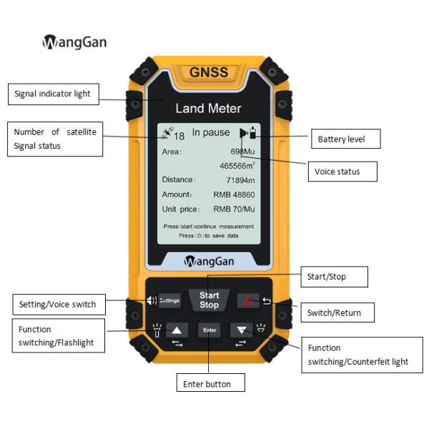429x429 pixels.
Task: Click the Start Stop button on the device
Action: (209, 300)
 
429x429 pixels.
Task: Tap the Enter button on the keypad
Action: (209, 330)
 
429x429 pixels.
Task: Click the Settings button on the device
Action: (169, 300)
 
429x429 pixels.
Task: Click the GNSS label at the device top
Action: (209, 72)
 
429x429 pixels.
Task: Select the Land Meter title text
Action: (209, 109)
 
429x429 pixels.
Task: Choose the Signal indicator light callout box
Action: (53, 94)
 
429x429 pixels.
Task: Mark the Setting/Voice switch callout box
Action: (58, 305)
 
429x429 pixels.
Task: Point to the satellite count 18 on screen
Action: (179, 134)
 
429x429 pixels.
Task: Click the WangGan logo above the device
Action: (74, 42)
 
